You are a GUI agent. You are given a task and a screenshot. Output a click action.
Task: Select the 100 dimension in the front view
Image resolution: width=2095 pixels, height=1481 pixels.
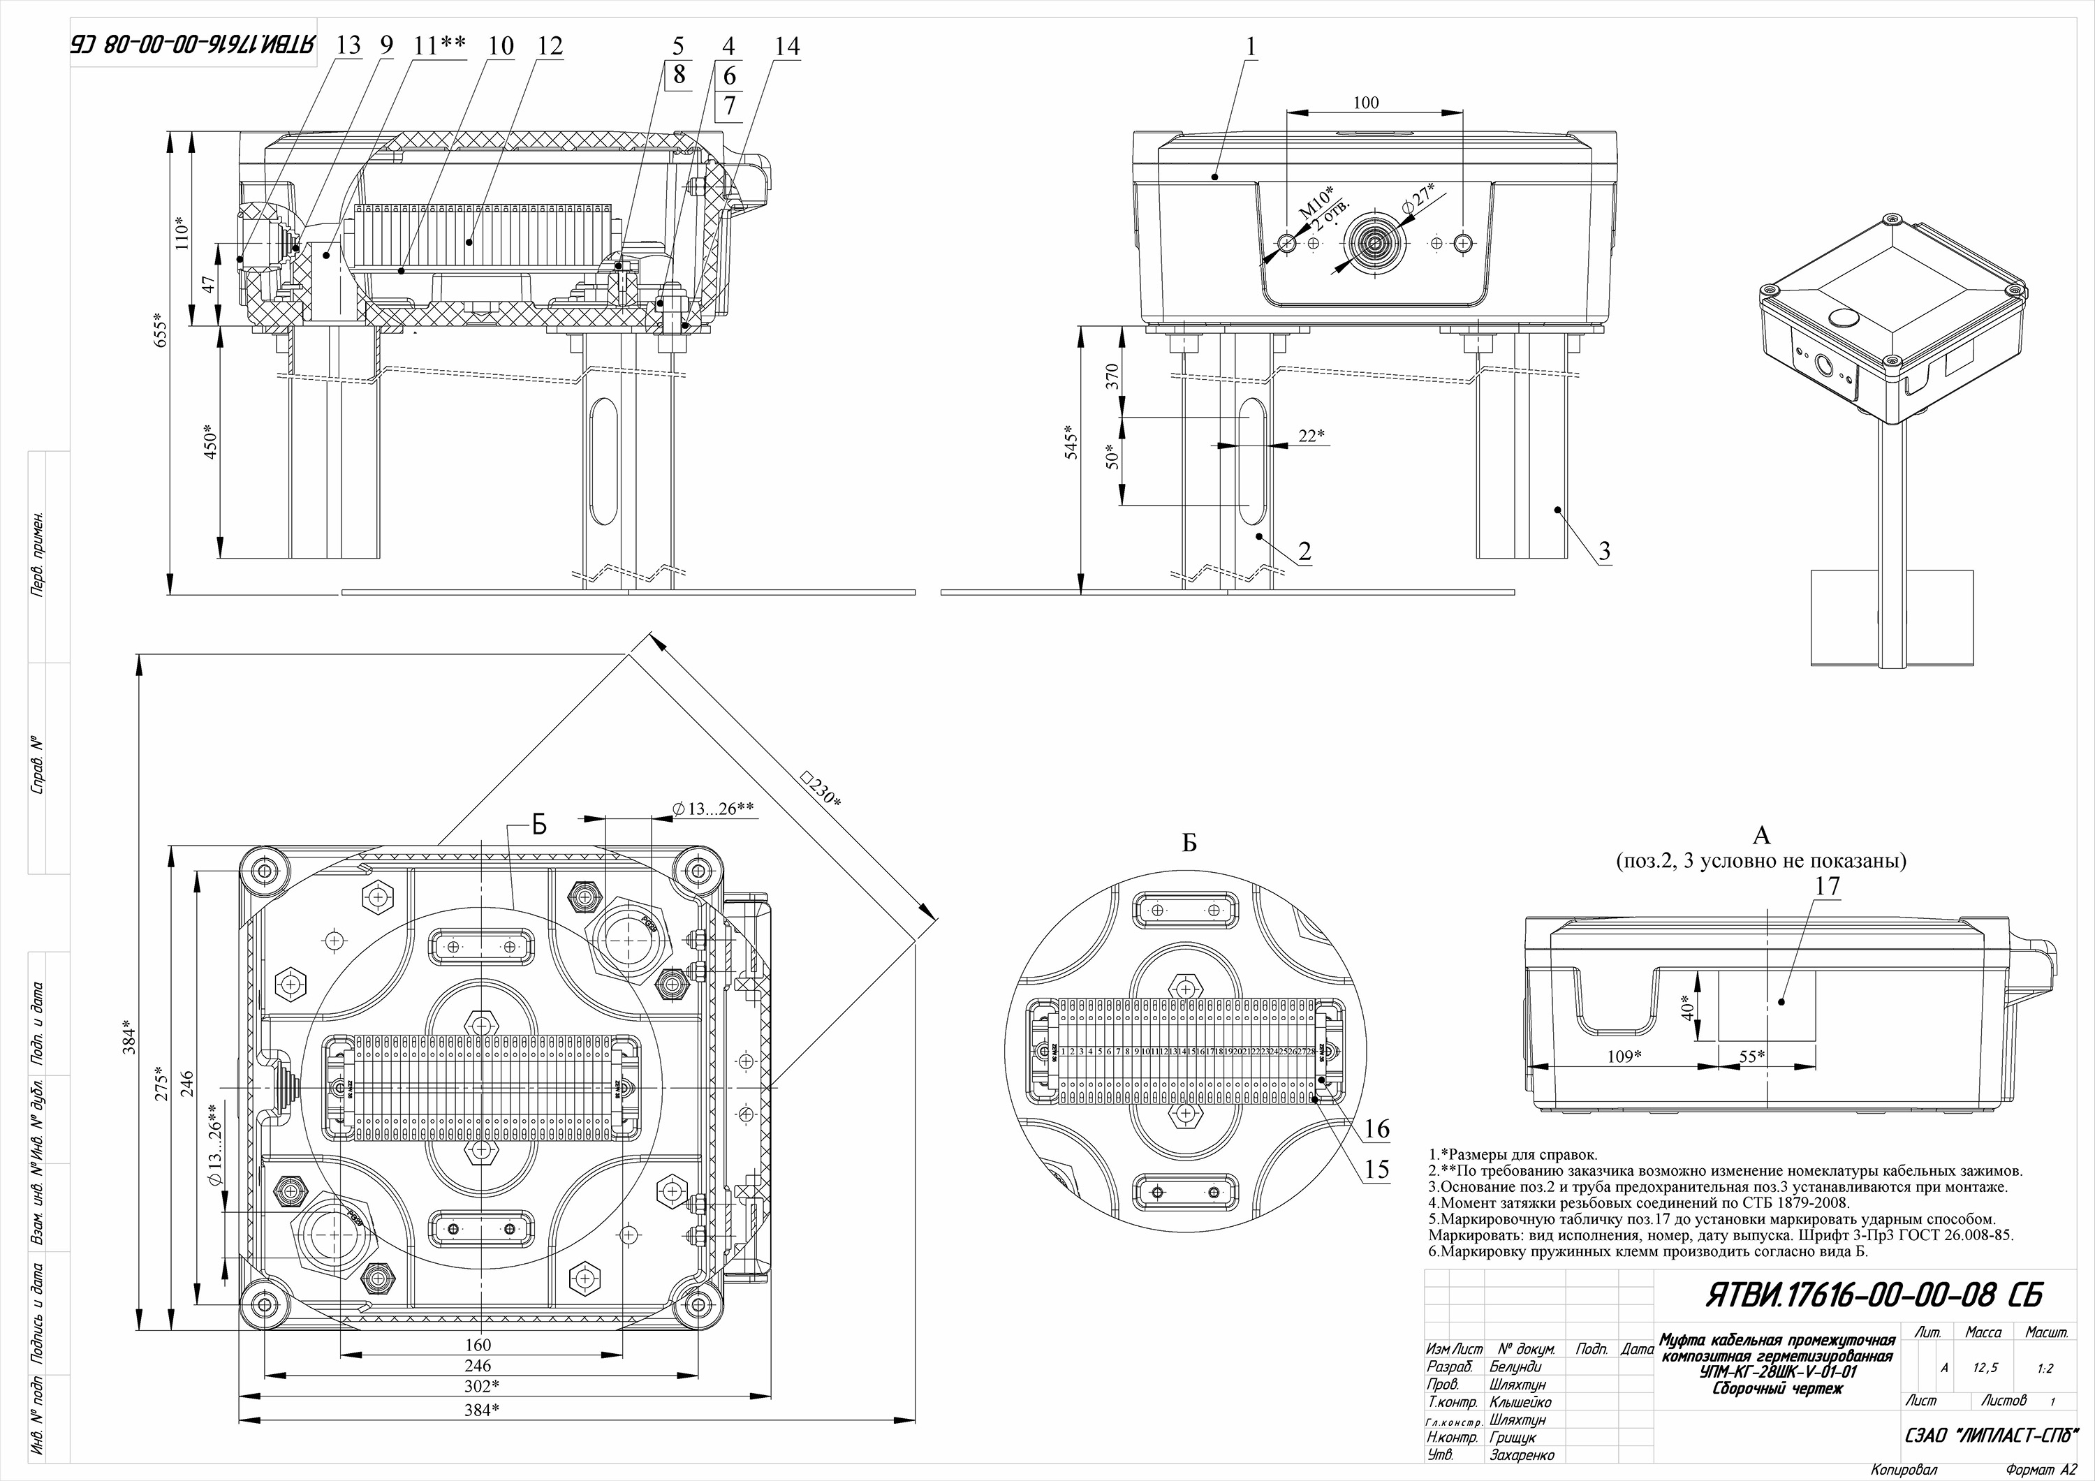point(1365,103)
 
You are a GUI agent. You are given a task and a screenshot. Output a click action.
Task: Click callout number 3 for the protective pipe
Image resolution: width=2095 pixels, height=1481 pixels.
point(1603,551)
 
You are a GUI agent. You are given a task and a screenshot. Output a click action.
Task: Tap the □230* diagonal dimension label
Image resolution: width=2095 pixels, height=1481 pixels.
point(821,788)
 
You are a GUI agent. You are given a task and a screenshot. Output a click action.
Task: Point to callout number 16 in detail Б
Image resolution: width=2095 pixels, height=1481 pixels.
point(1376,1129)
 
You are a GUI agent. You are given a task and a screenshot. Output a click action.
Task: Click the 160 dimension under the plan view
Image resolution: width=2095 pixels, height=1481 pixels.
point(477,1344)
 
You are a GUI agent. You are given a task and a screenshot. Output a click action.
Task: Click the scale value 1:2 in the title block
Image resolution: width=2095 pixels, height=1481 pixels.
point(2045,1369)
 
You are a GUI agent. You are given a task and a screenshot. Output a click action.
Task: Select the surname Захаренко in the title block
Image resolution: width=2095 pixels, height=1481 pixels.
point(1521,1455)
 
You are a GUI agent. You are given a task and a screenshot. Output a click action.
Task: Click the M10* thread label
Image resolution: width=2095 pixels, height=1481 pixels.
point(1316,202)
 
